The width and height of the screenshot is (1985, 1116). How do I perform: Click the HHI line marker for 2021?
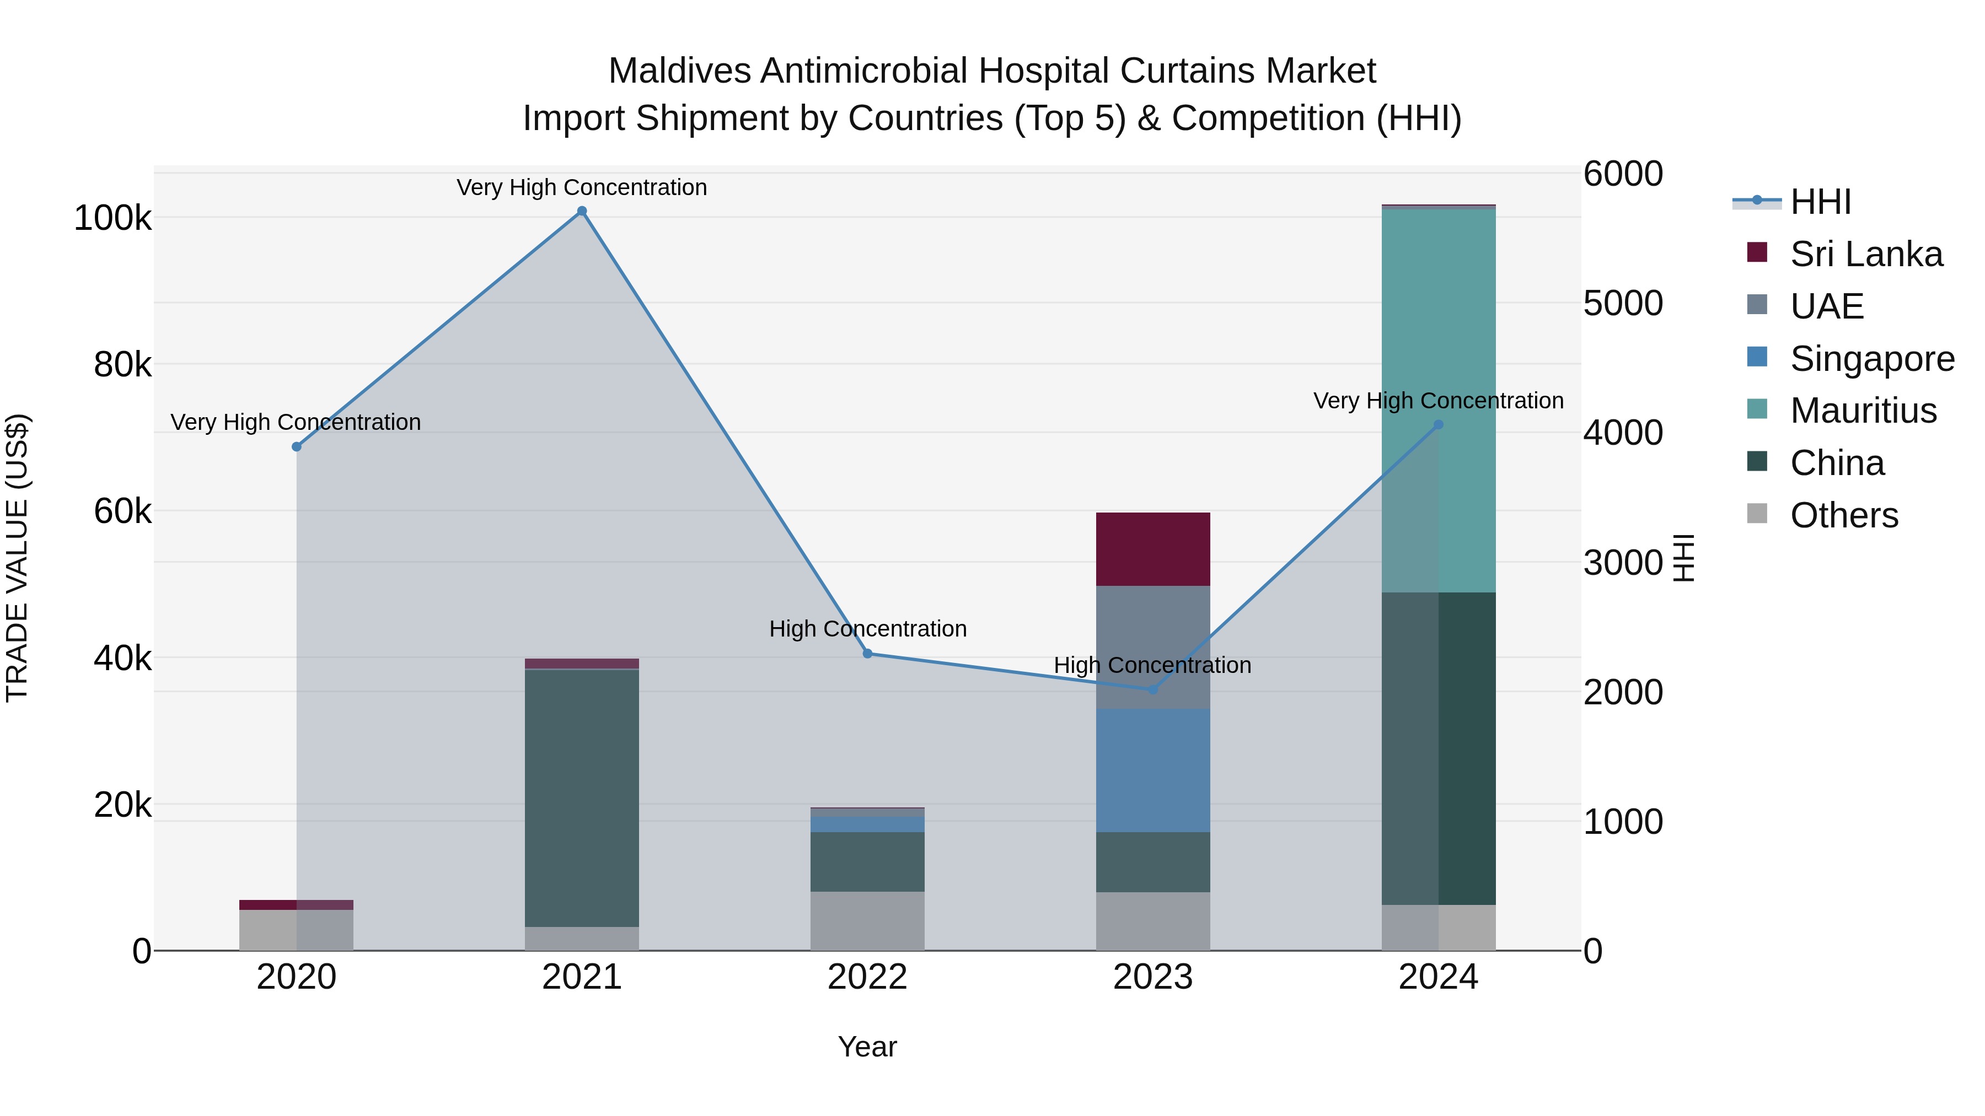582,211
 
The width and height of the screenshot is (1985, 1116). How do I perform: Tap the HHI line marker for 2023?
1153,689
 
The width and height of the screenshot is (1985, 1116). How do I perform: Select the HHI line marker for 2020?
297,447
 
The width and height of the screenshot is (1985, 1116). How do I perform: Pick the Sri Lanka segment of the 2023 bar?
1153,549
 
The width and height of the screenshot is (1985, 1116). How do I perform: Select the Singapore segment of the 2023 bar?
1153,770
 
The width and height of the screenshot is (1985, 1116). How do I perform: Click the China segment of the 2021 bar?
582,797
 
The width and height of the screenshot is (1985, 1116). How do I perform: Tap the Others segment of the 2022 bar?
867,921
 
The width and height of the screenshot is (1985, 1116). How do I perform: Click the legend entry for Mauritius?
1863,411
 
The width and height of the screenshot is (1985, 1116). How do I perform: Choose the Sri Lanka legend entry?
1865,254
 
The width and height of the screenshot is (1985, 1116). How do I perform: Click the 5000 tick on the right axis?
1623,304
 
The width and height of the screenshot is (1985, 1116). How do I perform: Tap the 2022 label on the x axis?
867,977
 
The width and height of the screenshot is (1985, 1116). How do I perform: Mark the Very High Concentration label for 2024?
1438,401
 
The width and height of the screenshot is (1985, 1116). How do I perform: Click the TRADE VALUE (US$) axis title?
17,558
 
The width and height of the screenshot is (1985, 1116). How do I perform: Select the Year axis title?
867,1047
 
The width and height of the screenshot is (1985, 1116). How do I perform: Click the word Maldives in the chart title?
679,71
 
